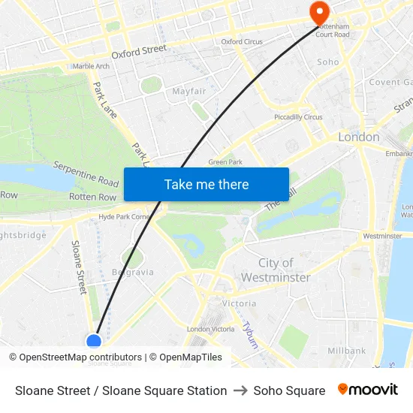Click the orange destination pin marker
point(319,11)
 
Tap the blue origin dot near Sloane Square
point(94,342)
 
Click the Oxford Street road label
point(139,52)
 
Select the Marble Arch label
point(91,66)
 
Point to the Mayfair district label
point(189,91)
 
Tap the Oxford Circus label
point(242,42)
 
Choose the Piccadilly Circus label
point(298,117)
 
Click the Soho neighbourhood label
point(328,62)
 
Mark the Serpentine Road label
point(86,174)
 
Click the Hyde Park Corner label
point(125,217)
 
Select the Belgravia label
point(132,272)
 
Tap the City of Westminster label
point(276,270)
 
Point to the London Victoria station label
point(210,330)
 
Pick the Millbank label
point(346,351)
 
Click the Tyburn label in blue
point(249,335)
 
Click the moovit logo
point(368,390)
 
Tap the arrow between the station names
point(240,390)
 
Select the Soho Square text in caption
point(289,390)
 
